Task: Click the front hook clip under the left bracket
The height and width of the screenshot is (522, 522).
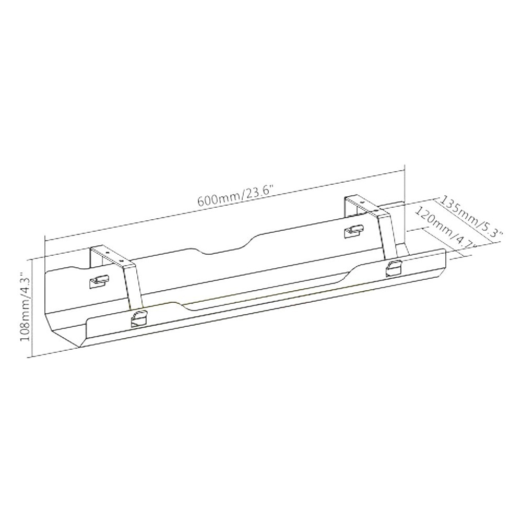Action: click(x=138, y=318)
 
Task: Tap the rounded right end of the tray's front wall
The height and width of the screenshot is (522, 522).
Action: click(x=442, y=261)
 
